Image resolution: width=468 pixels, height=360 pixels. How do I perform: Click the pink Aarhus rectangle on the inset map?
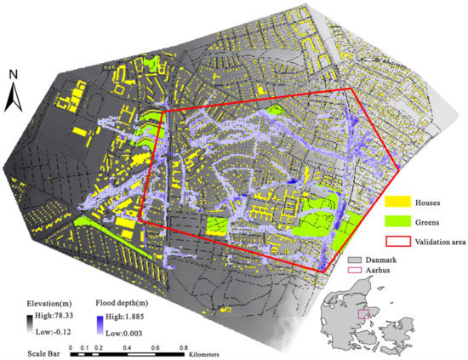(363, 314)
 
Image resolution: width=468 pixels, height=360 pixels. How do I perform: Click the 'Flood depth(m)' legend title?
(120, 301)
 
